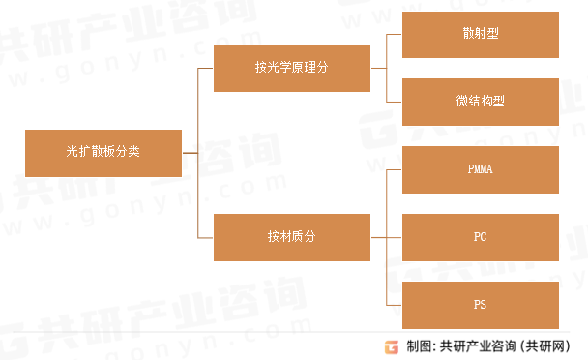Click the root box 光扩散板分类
[103, 152]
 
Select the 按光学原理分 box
[291, 68]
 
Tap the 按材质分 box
[291, 236]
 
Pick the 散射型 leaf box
[480, 34]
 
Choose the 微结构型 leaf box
[480, 102]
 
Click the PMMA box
[480, 169]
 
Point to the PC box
[480, 236]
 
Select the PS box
[480, 304]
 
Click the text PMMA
[480, 169]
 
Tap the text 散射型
[480, 34]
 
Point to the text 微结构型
[480, 102]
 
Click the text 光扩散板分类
[103, 152]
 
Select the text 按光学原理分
[291, 68]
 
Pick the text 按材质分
[291, 236]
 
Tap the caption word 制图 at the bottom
[417, 346]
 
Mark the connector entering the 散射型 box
[394, 34]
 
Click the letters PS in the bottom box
[480, 304]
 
